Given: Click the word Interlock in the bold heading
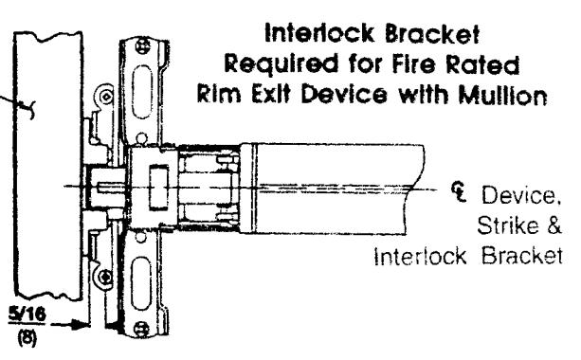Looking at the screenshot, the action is (319, 34).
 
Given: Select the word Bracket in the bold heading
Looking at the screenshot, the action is (432, 34).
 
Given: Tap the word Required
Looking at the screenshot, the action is (281, 63).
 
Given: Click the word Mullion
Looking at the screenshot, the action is (503, 96).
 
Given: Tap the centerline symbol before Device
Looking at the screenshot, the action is (459, 191).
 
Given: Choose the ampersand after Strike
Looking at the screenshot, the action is (554, 225).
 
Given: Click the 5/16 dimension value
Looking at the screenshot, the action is (27, 315).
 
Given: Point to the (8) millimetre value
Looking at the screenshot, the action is (27, 338).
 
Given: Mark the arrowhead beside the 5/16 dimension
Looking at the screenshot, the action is (82, 325).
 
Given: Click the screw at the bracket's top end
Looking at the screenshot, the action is (143, 46).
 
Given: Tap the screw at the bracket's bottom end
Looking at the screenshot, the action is (141, 329).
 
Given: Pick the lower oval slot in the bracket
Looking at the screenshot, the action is (141, 283).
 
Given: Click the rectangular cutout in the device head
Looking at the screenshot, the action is (158, 188).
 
